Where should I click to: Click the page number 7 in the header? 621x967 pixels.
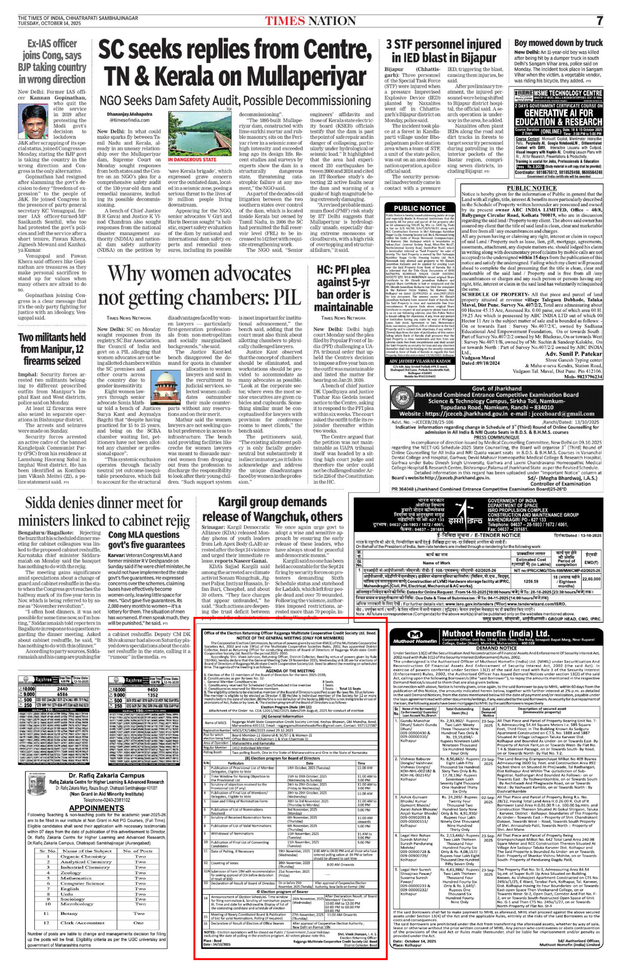coord(599,20)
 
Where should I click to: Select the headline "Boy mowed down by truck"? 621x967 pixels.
coord(559,43)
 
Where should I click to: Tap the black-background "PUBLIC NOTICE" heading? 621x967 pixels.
coord(419,209)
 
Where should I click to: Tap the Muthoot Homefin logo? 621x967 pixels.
coord(416,637)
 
